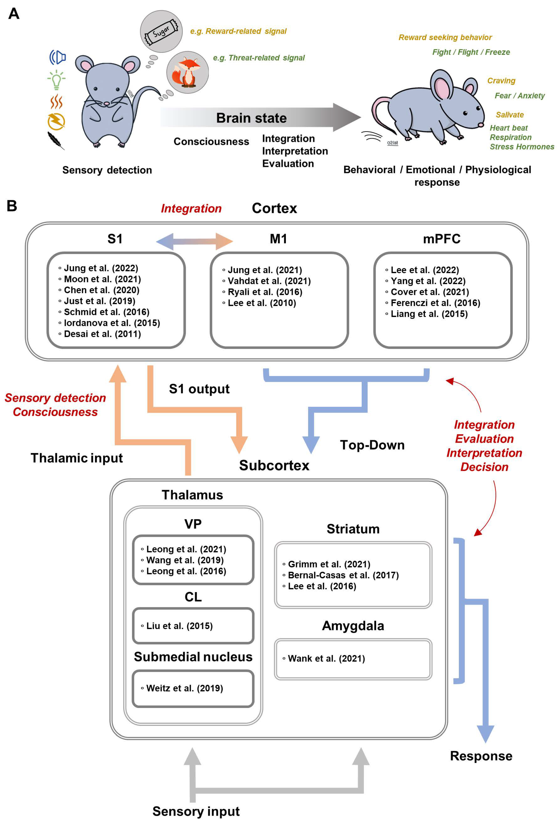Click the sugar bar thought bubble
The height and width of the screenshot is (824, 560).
162,31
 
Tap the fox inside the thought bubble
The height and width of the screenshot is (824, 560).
187,73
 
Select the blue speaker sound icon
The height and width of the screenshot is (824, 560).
58,57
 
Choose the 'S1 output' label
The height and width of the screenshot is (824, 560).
199,389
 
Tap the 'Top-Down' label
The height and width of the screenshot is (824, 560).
372,445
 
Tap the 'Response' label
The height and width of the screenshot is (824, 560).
481,756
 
